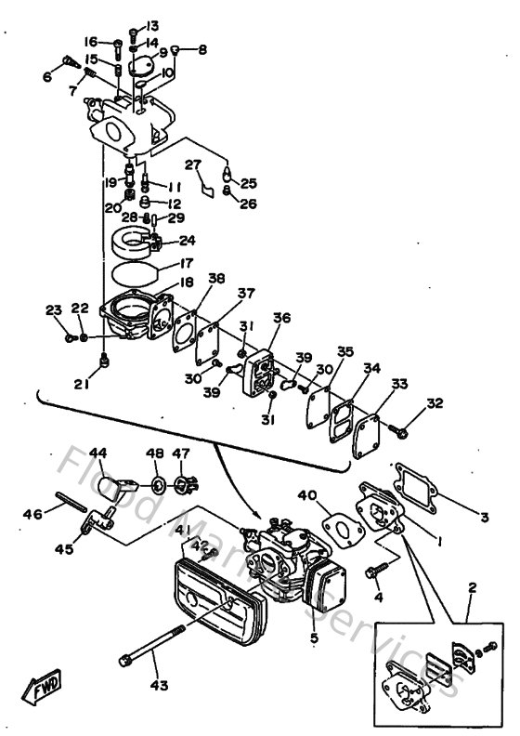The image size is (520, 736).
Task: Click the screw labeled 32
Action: [401, 430]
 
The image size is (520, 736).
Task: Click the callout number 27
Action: [192, 164]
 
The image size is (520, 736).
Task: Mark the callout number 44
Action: [97, 453]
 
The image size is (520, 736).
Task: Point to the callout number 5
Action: [313, 637]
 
